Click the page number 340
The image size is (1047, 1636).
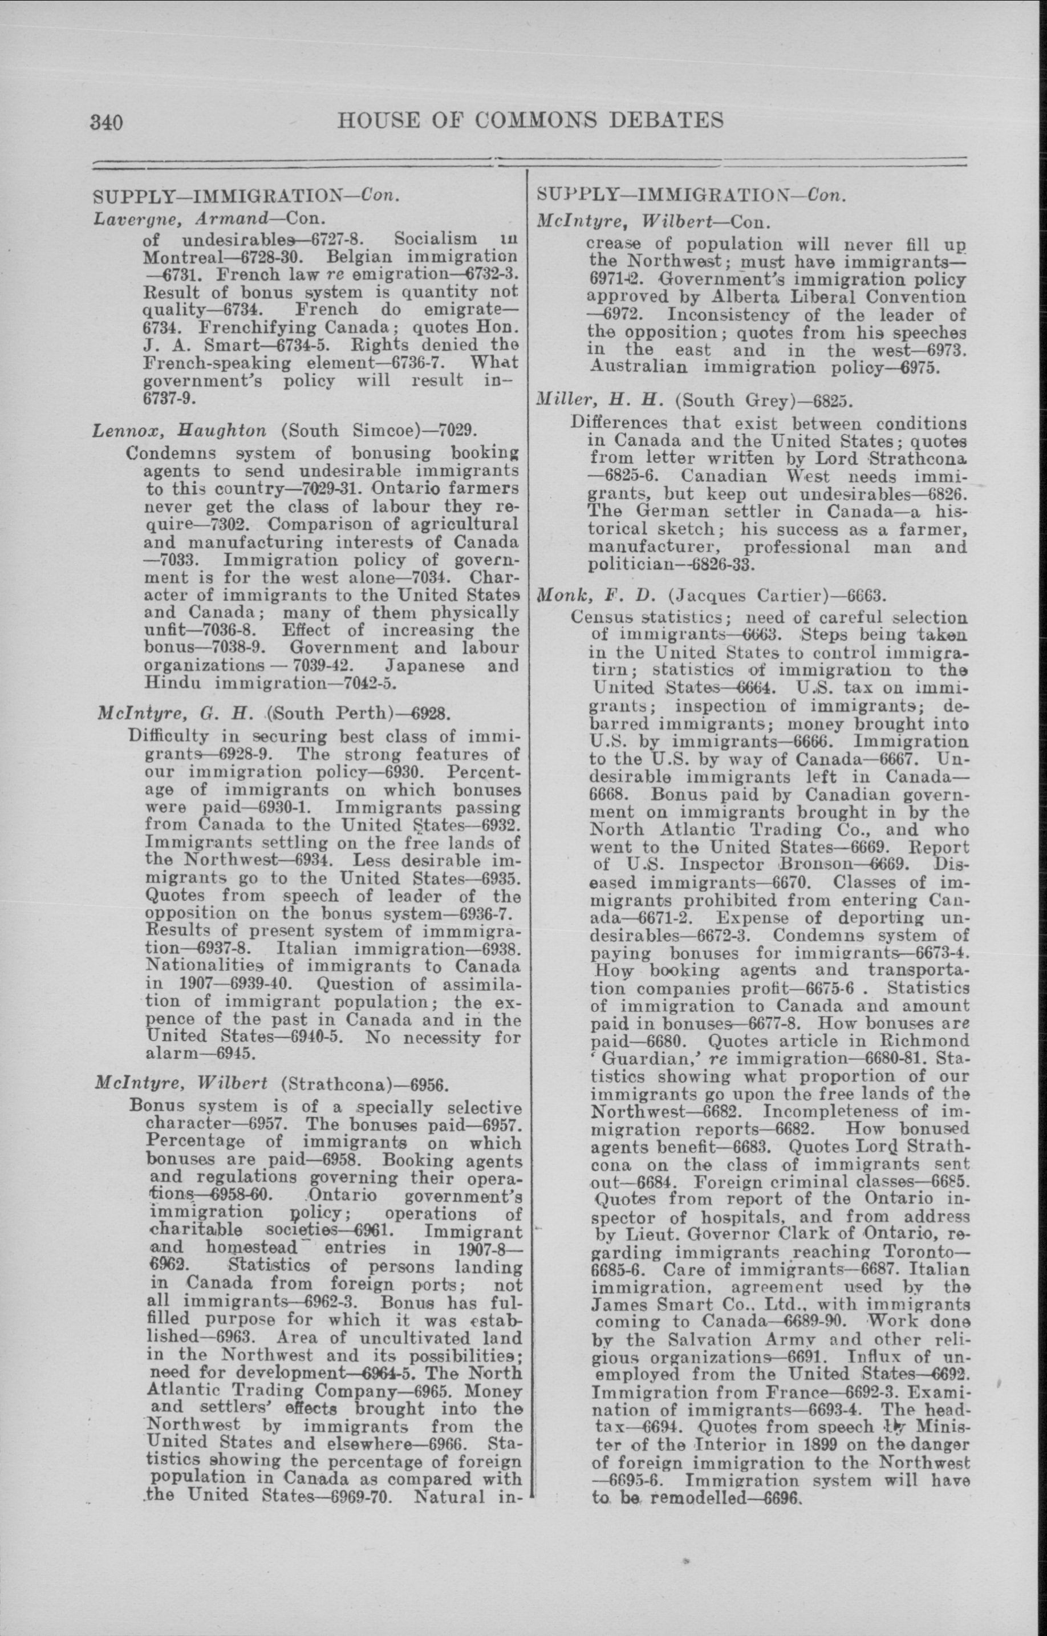[x=105, y=123]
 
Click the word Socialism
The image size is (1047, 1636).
[x=435, y=240]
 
